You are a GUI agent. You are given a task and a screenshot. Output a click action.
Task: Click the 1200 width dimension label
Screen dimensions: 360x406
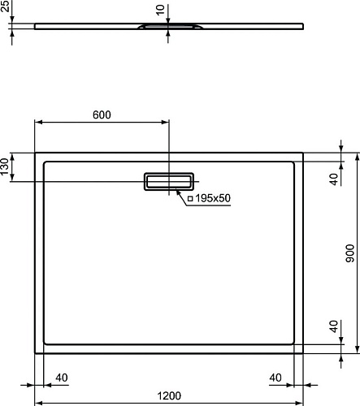pyautogui.click(x=169, y=395)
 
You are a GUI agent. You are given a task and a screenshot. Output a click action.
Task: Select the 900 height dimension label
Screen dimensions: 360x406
pyautogui.click(x=350, y=253)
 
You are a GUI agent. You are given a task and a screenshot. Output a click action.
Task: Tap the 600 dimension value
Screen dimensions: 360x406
pyautogui.click(x=102, y=114)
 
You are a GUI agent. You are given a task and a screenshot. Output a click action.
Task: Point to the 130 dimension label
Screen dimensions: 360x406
pyautogui.click(x=4, y=166)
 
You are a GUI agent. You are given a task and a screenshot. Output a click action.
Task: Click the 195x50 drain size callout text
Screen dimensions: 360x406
pyautogui.click(x=213, y=198)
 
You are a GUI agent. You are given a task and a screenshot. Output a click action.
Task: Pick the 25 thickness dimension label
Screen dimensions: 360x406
pyautogui.click(x=5, y=6)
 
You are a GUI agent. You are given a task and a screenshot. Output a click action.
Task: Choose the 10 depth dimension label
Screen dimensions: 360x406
pyautogui.click(x=160, y=10)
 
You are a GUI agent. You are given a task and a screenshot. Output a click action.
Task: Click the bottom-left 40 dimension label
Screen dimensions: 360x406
pyautogui.click(x=62, y=378)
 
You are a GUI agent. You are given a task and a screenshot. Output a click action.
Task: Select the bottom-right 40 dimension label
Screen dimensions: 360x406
pyautogui.click(x=275, y=378)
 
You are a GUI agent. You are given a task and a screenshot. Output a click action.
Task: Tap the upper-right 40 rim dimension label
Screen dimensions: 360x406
pyautogui.click(x=334, y=179)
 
